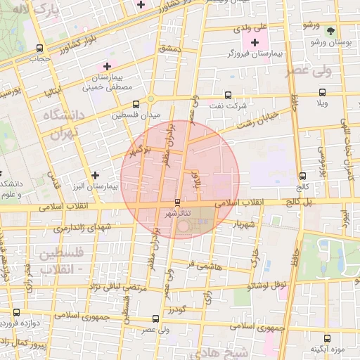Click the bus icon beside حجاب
coord(39,49)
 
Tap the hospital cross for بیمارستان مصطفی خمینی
coord(106,66)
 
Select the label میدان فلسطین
coord(137,114)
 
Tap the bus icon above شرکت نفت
coord(226,94)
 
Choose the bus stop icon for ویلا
coord(322,92)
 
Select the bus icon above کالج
coord(302,176)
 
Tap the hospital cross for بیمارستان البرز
coord(95,175)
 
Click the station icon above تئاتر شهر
coord(176,202)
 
